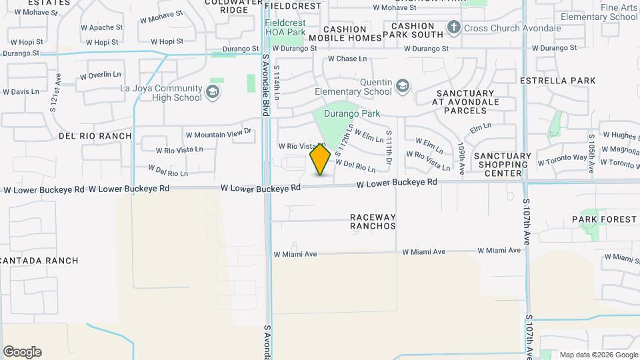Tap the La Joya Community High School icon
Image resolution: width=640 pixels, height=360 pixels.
(213, 91)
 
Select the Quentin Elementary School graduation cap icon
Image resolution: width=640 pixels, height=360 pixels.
(402, 86)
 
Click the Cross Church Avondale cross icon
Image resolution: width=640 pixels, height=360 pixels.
(454, 27)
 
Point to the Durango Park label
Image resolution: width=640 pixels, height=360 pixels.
(352, 113)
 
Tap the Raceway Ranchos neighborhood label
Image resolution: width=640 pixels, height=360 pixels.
(373, 221)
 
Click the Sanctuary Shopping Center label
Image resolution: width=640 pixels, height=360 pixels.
(503, 164)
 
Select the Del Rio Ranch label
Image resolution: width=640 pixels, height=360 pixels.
(95, 136)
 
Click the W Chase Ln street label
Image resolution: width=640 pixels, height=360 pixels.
(347, 59)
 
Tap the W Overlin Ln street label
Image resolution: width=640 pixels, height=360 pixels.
(101, 75)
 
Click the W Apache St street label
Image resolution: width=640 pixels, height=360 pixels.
(101, 27)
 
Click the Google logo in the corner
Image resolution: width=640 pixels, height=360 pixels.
(22, 352)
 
